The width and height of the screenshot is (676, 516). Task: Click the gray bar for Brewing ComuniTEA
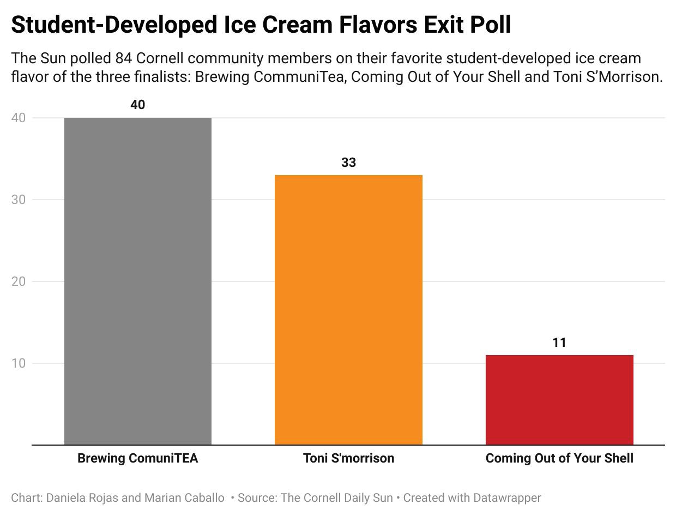click(x=138, y=281)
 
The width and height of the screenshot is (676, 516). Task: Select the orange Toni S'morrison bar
click(x=348, y=310)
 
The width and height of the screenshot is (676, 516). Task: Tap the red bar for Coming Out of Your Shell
click(x=559, y=400)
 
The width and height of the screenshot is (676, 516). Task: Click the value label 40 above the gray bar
click(x=138, y=105)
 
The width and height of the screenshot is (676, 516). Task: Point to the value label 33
click(x=348, y=163)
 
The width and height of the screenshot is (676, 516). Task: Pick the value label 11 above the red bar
click(x=559, y=343)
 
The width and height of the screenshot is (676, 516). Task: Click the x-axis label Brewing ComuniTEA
click(x=138, y=458)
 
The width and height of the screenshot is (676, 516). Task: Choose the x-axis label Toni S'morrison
click(x=348, y=458)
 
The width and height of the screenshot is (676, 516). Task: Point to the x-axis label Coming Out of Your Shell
click(x=559, y=458)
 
